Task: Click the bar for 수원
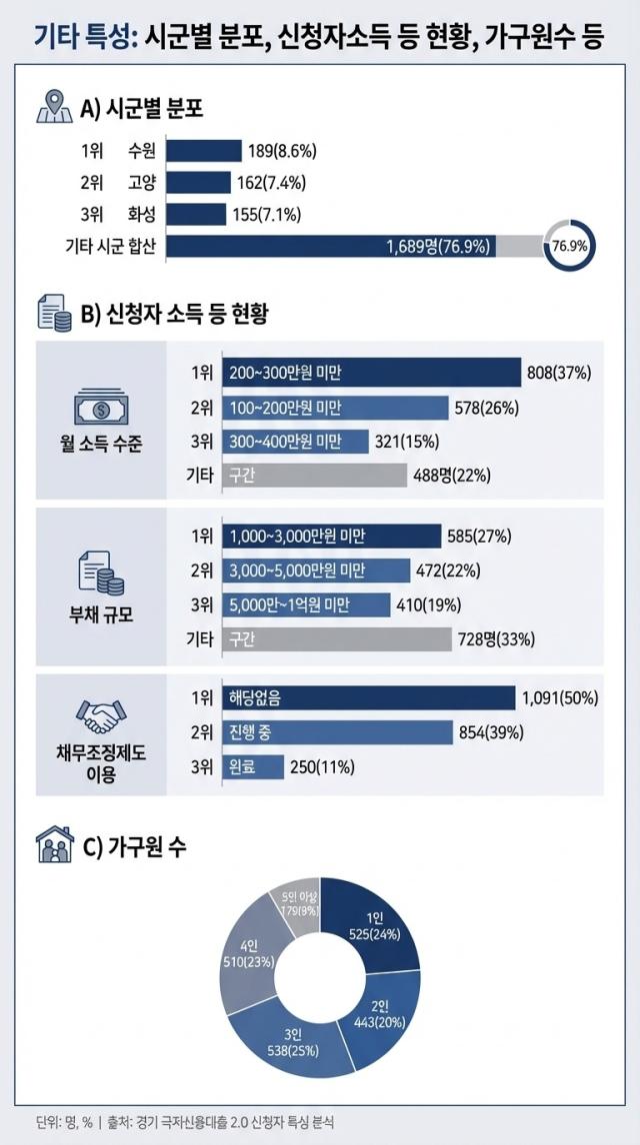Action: pyautogui.click(x=204, y=151)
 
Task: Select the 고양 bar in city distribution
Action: pyautogui.click(x=200, y=183)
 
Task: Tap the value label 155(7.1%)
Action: pyautogui.click(x=266, y=215)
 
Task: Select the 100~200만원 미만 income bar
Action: pyautogui.click(x=334, y=408)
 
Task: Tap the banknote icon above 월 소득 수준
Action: pyautogui.click(x=100, y=409)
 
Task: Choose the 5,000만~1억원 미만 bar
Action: pyautogui.click(x=305, y=604)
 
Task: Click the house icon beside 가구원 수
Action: pyautogui.click(x=55, y=848)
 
